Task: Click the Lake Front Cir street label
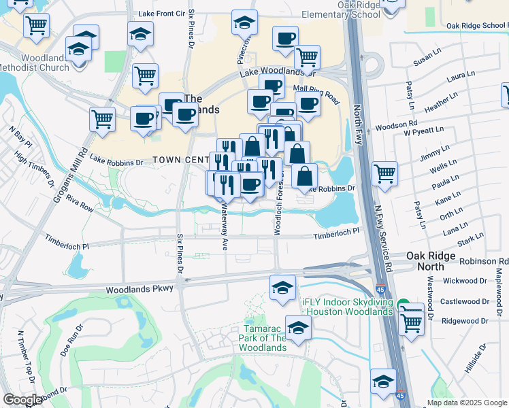pyautogui.click(x=161, y=14)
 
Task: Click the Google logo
pyautogui.click(x=22, y=400)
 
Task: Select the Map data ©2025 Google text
pyautogui.click(x=466, y=403)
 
